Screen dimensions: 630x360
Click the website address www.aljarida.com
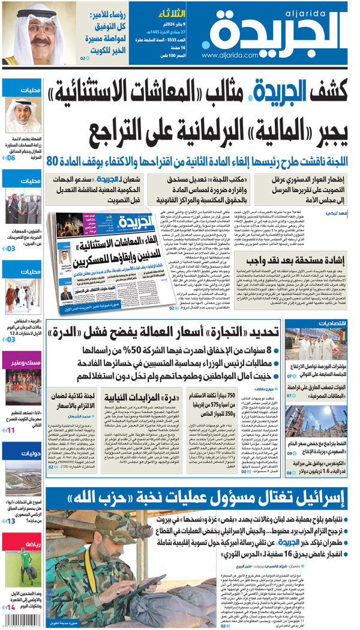230,55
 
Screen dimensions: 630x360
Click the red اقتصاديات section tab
329,325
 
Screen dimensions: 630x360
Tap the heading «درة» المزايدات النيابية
130,397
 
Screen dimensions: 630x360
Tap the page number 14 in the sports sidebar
10,607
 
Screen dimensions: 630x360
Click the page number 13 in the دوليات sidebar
11,521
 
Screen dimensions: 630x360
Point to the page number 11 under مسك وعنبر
10,430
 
